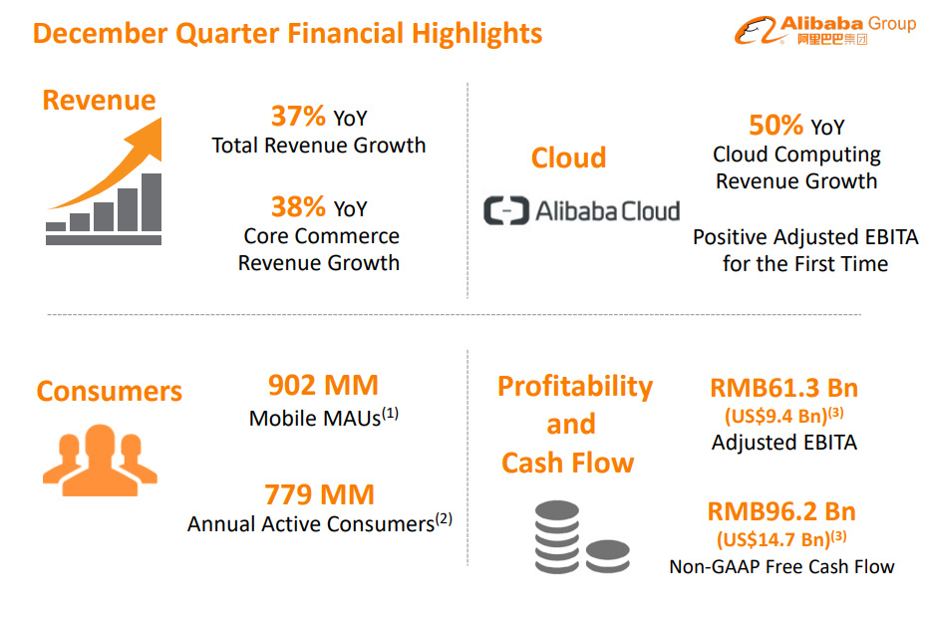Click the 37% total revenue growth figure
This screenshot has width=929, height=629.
[x=298, y=116]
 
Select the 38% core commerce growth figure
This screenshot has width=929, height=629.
[x=298, y=206]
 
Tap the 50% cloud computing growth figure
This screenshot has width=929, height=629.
[x=776, y=125]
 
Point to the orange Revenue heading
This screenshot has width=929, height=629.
[x=99, y=100]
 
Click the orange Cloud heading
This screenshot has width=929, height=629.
[x=569, y=157]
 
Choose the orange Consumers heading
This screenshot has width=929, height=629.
[x=110, y=391]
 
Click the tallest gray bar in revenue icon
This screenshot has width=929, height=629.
[x=152, y=202]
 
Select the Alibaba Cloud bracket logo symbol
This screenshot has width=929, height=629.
[x=506, y=210]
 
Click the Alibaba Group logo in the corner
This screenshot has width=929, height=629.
[x=825, y=30]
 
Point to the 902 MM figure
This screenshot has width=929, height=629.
[x=323, y=385]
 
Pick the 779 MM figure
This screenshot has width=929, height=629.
[x=319, y=494]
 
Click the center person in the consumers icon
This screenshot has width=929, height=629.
[x=100, y=461]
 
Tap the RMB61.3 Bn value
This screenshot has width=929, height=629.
[x=783, y=389]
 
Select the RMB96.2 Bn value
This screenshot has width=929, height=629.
[x=781, y=511]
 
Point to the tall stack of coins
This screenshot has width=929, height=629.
[x=557, y=536]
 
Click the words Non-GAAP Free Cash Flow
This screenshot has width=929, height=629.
[x=781, y=567]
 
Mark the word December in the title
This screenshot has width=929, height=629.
[x=100, y=33]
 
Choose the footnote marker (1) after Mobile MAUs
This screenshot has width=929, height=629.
[x=390, y=414]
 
